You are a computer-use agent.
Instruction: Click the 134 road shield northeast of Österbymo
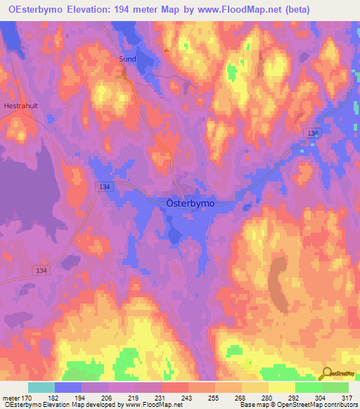[312, 133]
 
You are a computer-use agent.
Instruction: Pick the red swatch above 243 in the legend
[174, 387]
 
